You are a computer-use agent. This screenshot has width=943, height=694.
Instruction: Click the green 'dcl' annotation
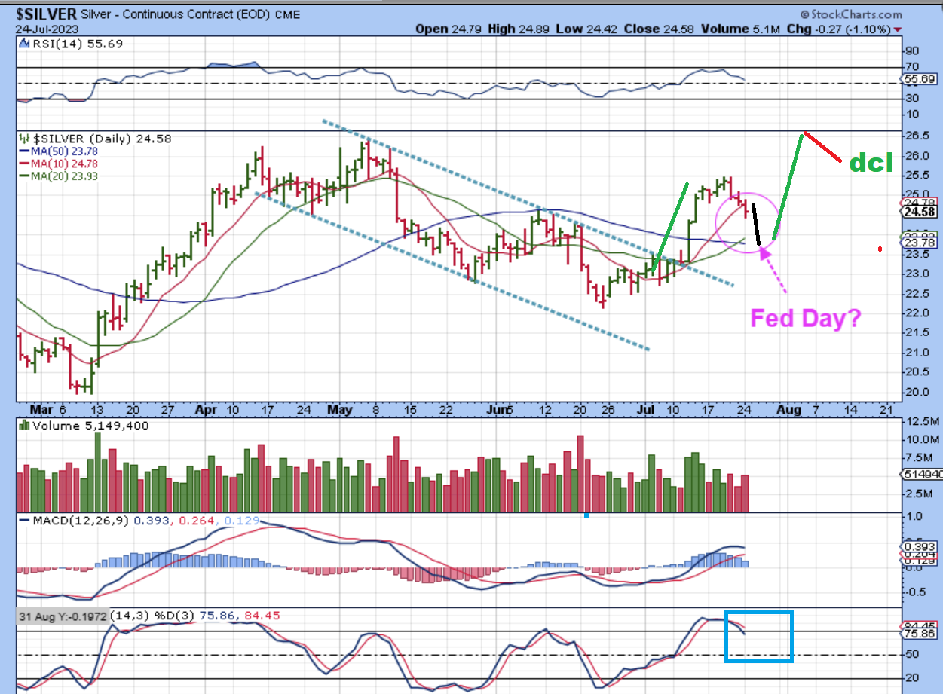point(871,163)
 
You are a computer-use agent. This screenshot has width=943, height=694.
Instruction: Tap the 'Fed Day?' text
point(806,318)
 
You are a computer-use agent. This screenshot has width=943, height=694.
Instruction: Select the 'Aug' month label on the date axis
point(788,409)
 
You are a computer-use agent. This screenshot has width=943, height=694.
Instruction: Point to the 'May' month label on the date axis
point(341,409)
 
